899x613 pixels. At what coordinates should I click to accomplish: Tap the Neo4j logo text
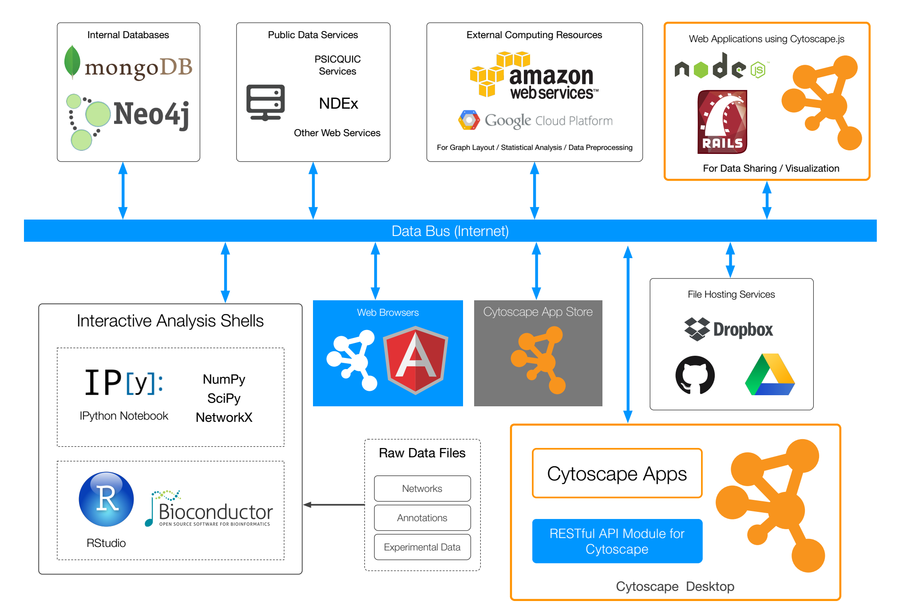151,114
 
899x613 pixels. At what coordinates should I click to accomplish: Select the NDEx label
338,103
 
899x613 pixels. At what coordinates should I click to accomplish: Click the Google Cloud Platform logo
535,120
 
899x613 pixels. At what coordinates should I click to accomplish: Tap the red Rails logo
722,122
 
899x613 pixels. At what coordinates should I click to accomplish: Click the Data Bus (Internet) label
450,231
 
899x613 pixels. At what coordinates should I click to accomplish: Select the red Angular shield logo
416,360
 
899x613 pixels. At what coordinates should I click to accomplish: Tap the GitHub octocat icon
695,375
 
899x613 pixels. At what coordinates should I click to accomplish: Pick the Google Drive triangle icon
770,375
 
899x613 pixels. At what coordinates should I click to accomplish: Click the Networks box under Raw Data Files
422,488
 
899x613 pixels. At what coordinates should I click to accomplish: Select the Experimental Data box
422,547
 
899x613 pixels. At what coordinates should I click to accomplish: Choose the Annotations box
422,518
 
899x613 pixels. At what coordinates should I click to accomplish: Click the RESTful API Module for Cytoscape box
617,541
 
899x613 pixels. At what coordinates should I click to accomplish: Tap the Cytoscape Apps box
617,473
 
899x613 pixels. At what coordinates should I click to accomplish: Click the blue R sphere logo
106,499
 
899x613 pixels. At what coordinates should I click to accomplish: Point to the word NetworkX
224,417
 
